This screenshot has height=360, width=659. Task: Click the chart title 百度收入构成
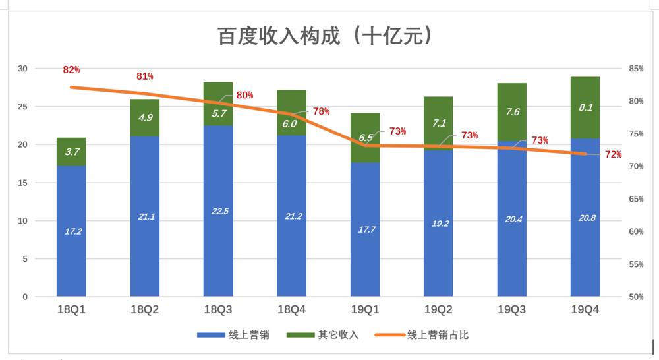(326, 36)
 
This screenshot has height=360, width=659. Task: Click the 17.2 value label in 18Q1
(71, 231)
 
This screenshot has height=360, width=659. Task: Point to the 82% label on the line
(71, 70)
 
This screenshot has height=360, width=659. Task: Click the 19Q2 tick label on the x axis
(438, 309)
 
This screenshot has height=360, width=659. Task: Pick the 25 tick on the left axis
(23, 107)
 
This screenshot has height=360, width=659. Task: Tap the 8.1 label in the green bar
(585, 107)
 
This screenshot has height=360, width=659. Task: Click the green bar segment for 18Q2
(144, 118)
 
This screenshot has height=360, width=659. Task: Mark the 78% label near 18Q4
(321, 111)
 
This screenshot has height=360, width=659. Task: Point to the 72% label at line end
(613, 154)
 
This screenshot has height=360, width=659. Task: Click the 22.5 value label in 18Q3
(218, 211)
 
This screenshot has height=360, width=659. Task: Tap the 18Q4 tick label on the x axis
(291, 309)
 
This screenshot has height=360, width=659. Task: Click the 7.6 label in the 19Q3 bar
(512, 112)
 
